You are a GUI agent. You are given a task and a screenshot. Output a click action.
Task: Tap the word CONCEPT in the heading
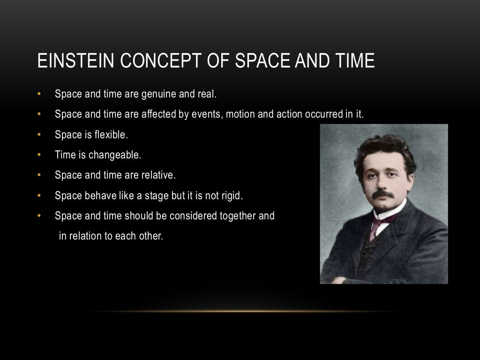coord(143,61)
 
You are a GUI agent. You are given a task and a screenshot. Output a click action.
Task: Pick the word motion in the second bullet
coord(240,114)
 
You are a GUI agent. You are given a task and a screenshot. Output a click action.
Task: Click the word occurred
coord(324,114)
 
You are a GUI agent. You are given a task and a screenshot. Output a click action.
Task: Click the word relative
coord(159,175)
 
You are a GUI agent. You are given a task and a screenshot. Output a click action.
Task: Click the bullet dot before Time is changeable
coord(40,155)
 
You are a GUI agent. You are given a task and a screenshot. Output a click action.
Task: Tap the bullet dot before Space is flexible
coord(40,135)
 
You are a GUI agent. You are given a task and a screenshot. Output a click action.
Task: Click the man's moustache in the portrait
coord(383,195)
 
